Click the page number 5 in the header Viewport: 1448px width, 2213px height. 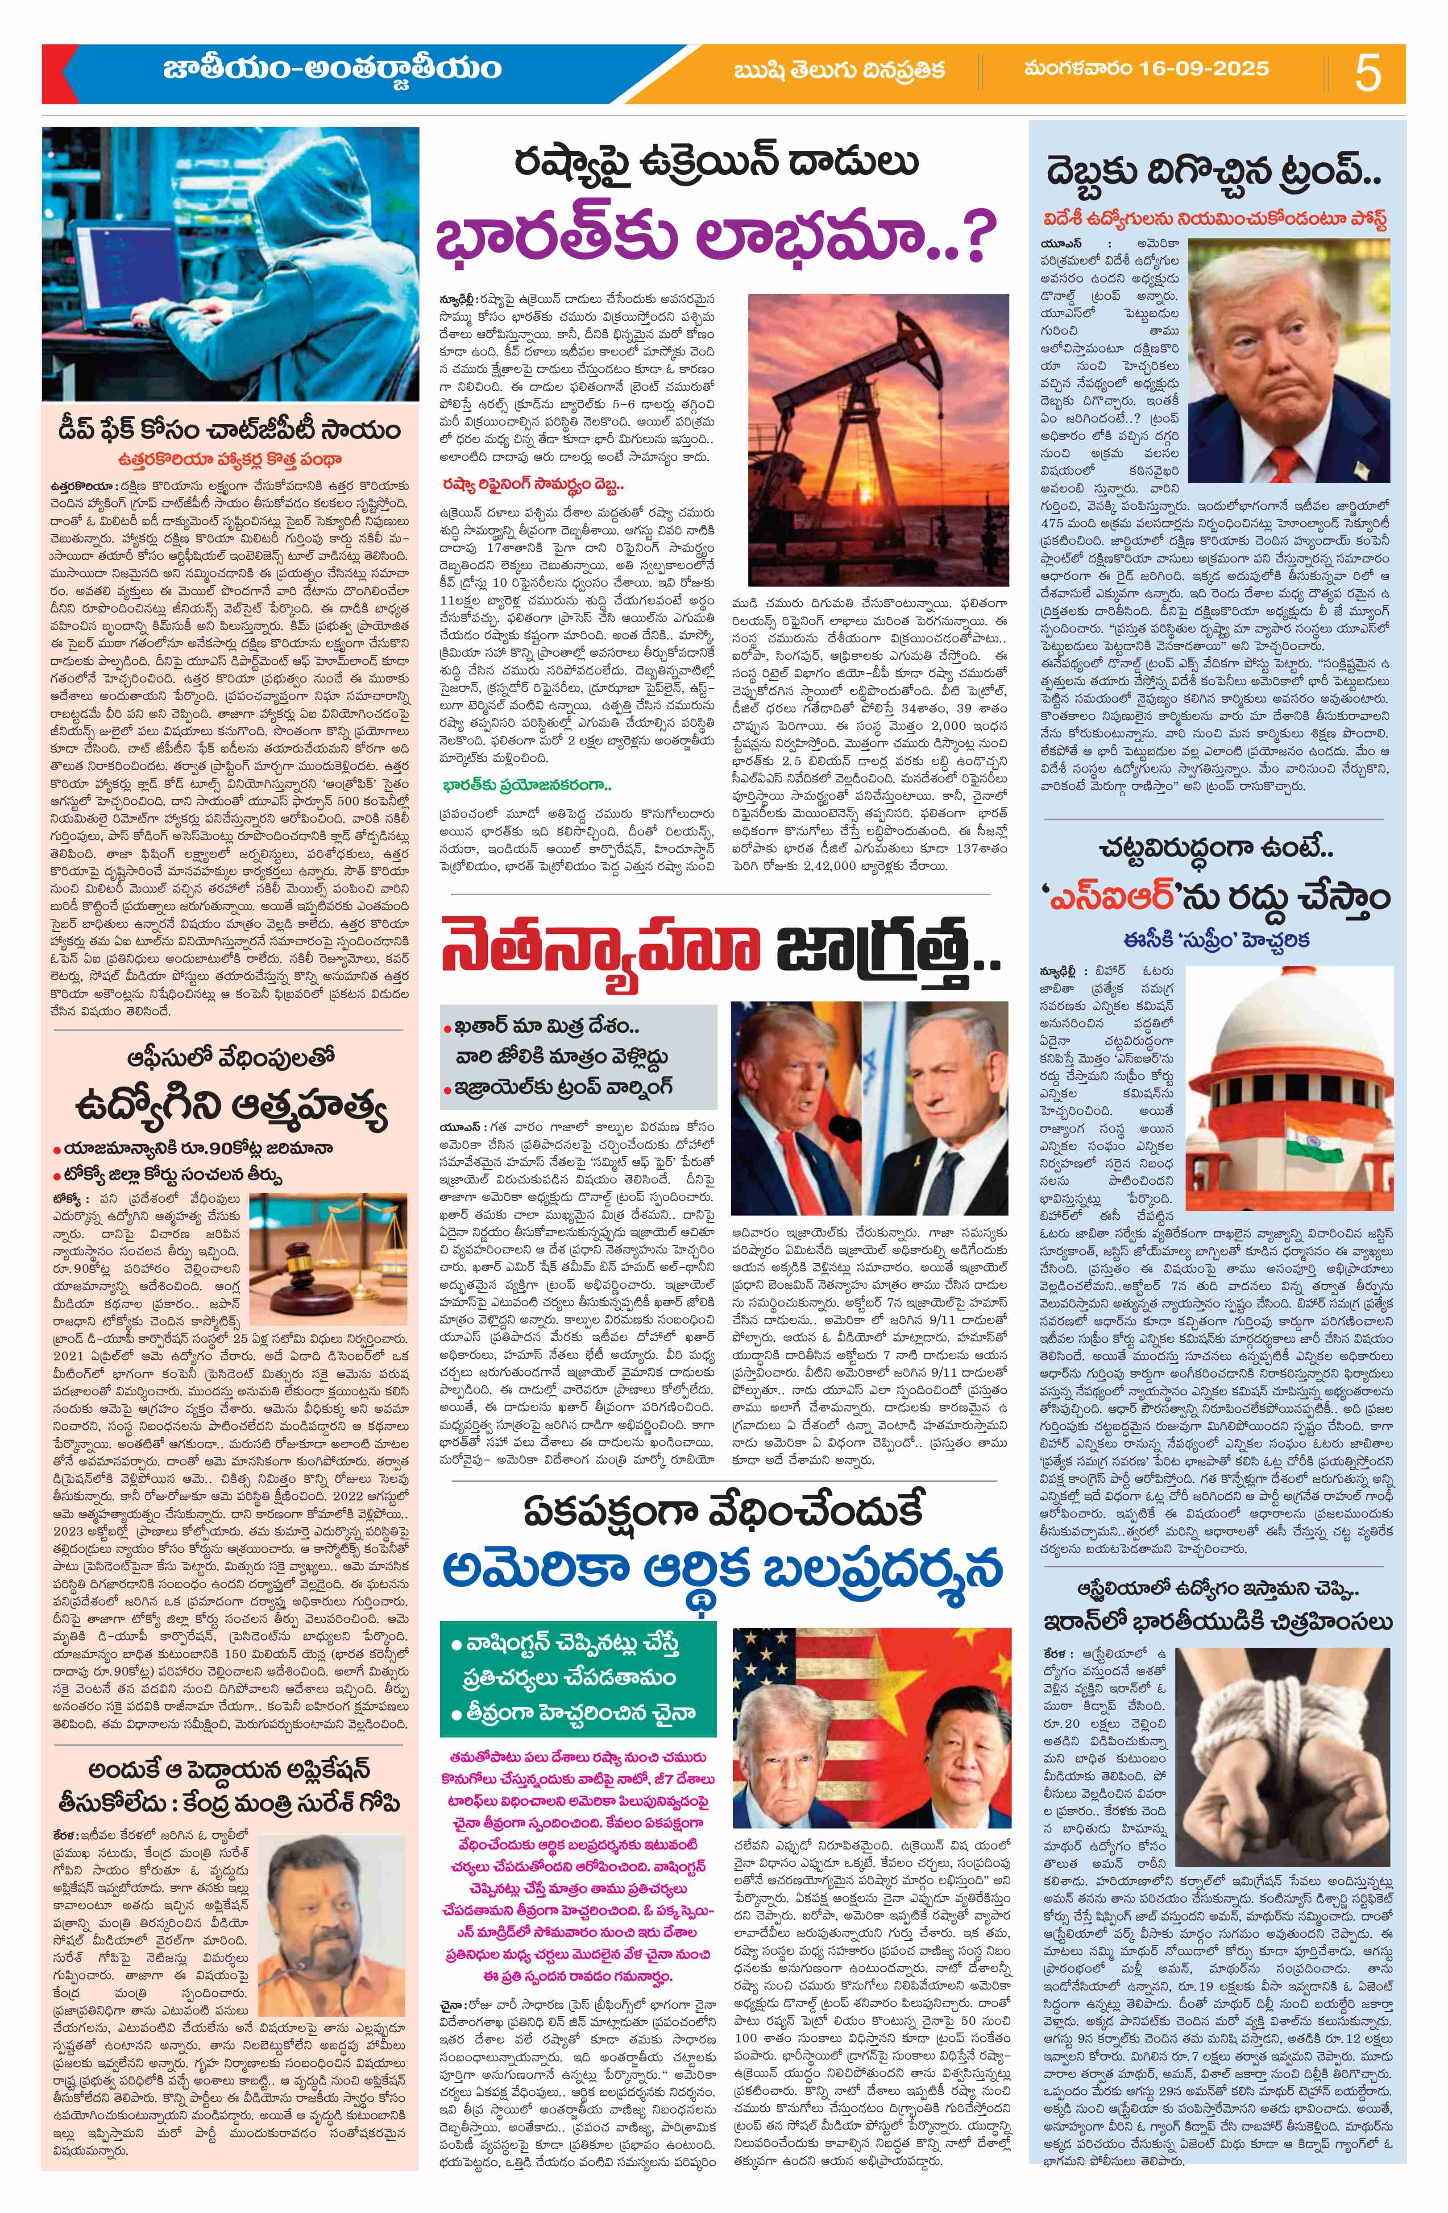pyautogui.click(x=1367, y=73)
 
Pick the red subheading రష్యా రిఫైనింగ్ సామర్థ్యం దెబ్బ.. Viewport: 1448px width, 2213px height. pyautogui.click(x=532, y=485)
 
